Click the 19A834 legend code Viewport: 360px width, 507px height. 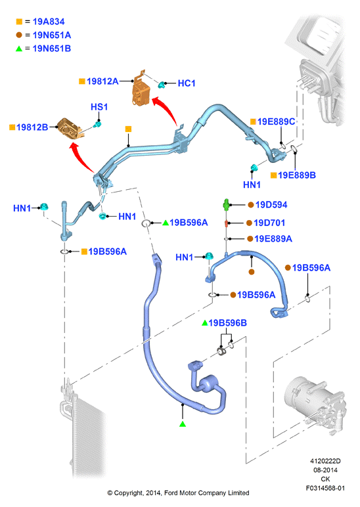point(49,22)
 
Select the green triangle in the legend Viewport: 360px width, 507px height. point(19,49)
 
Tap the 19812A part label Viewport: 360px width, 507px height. point(102,81)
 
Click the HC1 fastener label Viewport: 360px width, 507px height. point(187,83)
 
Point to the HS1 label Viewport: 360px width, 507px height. point(99,107)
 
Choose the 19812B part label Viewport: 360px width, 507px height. point(32,127)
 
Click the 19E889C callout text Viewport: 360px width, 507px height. point(276,121)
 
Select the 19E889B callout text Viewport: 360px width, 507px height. point(297,175)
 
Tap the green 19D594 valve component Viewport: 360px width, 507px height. point(226,205)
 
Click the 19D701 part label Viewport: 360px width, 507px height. point(269,223)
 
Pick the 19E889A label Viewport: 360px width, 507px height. point(273,238)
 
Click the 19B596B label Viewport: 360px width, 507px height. point(228,323)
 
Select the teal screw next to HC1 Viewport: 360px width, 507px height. point(162,85)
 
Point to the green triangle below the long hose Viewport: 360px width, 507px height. point(183,424)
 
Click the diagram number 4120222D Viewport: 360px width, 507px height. point(325,461)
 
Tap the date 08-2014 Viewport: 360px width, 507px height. point(325,470)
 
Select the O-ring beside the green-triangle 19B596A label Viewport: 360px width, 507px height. point(146,223)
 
